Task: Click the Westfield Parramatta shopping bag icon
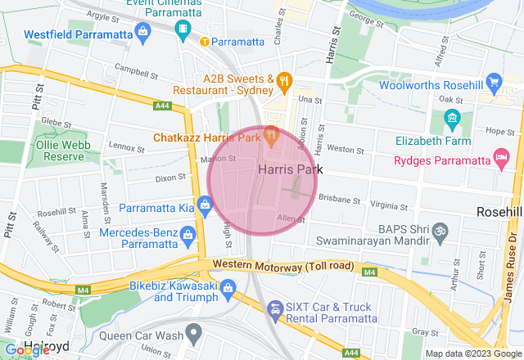coord(144,34)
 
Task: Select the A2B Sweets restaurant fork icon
coord(284,79)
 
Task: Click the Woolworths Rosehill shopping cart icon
coord(493,83)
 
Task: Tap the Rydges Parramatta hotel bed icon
coord(501,155)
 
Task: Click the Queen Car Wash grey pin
coord(193,333)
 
